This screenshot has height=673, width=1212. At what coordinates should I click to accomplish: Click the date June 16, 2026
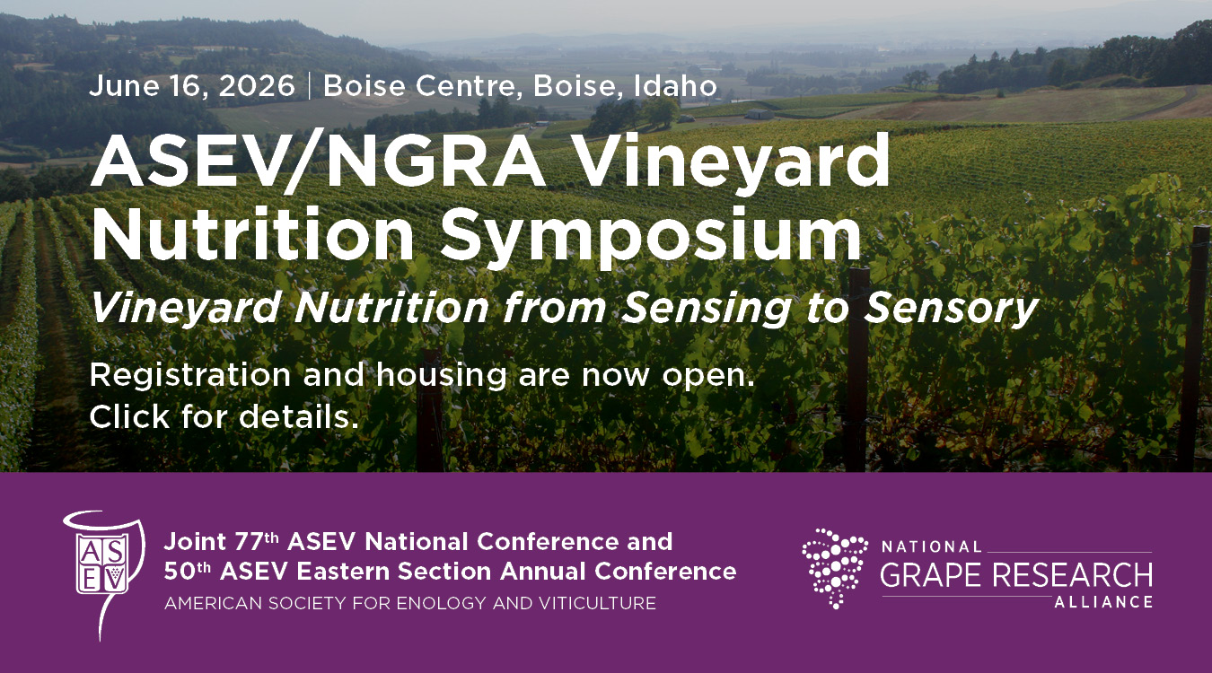coord(192,86)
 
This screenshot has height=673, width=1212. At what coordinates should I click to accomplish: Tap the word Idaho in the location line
coord(675,86)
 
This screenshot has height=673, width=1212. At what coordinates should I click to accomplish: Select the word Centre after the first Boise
coord(469,86)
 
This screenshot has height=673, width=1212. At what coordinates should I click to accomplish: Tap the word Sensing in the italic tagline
coord(707,309)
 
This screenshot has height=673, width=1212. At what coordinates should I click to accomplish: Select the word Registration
coord(190,375)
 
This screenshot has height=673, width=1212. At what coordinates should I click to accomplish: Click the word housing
coord(442,375)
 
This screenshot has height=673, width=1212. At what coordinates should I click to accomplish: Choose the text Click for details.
coord(224,417)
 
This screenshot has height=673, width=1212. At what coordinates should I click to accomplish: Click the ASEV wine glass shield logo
coord(104,573)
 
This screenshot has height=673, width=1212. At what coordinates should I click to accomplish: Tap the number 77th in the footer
coord(257,541)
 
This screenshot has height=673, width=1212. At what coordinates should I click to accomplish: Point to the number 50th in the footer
coord(188,572)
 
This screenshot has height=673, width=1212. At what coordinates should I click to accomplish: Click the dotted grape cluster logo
coord(834,568)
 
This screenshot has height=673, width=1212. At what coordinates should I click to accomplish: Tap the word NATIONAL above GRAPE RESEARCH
coord(931,547)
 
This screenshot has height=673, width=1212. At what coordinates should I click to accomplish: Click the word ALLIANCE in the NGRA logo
coord(1103,601)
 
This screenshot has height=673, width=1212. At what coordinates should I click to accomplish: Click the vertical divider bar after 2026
coord(310,86)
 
